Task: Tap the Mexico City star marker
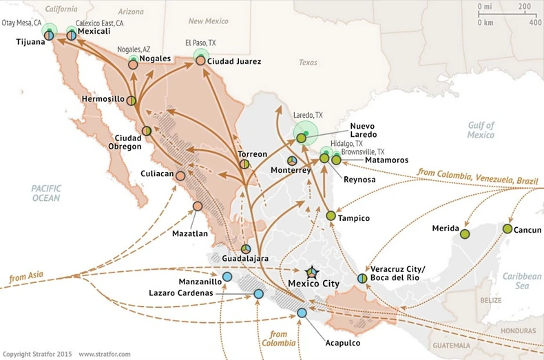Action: click(312, 272)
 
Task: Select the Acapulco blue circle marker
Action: click(302, 313)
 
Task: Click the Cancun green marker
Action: click(508, 229)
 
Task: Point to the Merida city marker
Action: click(465, 234)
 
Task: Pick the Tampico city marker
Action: click(331, 216)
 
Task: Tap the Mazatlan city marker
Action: click(198, 206)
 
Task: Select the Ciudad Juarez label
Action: click(234, 61)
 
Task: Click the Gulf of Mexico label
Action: click(480, 130)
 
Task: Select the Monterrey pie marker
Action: click(292, 160)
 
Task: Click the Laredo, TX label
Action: click(308, 114)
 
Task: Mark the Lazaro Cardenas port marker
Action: click(258, 293)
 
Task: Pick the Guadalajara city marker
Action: click(246, 249)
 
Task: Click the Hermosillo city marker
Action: click(131, 100)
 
